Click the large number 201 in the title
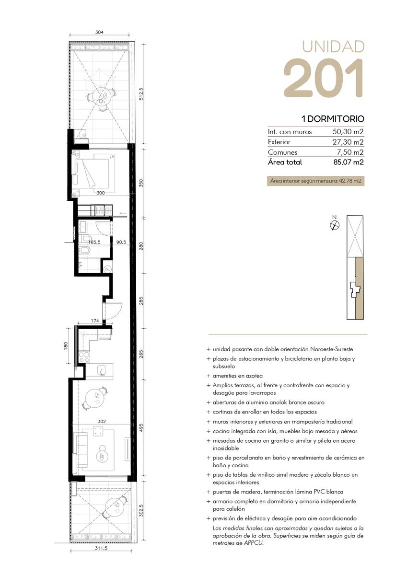(324, 78)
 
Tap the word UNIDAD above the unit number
(333, 46)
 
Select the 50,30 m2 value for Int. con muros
(348, 132)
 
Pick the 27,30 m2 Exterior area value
(348, 142)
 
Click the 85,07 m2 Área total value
(348, 162)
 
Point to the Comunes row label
(282, 152)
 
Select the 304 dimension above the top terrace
(99, 33)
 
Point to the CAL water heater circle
(107, 269)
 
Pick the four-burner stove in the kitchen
(84, 357)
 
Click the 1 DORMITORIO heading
(333, 119)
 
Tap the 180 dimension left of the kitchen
(66, 345)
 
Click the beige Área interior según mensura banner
(315, 181)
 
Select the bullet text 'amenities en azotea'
(237, 376)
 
